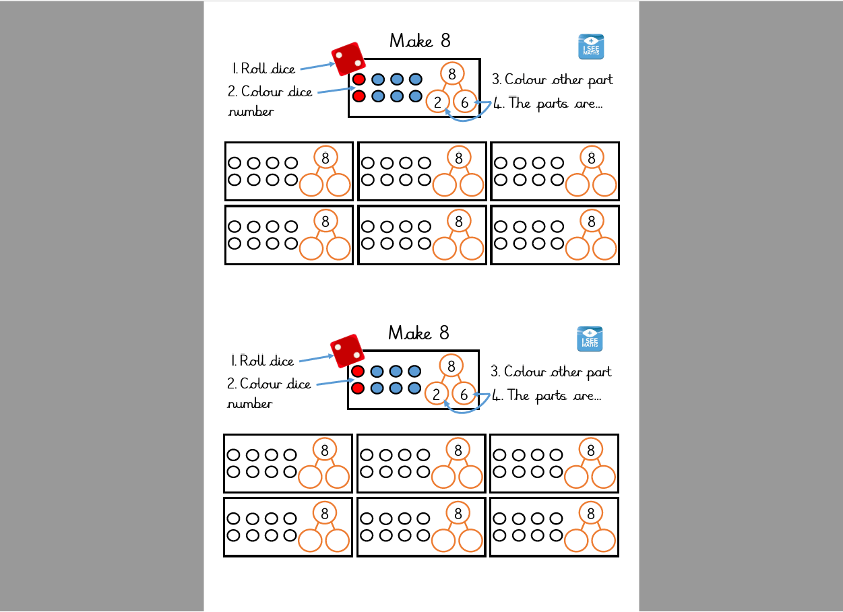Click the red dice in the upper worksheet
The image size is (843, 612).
click(x=348, y=59)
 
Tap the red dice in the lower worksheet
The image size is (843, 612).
click(x=348, y=351)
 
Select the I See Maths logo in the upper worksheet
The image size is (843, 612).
click(x=591, y=47)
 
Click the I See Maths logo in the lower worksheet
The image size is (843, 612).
click(x=590, y=339)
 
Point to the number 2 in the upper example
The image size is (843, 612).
click(x=438, y=102)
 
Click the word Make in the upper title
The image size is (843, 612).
click(x=411, y=41)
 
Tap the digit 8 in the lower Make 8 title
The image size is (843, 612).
click(x=444, y=333)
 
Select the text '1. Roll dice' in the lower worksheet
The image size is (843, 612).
click(x=263, y=361)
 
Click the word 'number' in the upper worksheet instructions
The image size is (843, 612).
click(x=251, y=112)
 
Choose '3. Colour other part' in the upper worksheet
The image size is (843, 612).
click(x=552, y=79)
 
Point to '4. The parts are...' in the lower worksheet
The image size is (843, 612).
click(x=547, y=395)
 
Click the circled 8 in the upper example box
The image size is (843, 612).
click(x=451, y=73)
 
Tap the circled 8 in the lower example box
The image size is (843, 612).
click(x=451, y=366)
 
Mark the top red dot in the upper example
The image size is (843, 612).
click(x=359, y=79)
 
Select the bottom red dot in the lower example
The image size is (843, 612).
click(x=358, y=388)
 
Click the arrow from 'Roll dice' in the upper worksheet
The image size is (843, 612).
click(x=317, y=66)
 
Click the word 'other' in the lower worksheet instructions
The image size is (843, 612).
click(x=567, y=372)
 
